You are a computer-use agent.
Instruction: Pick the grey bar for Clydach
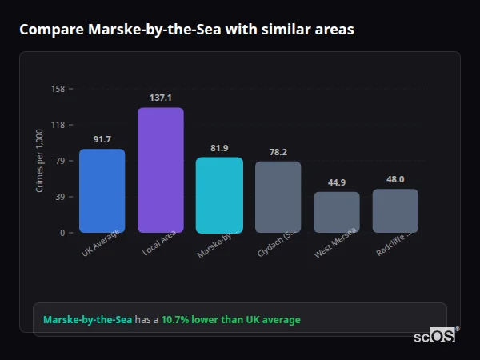coord(278,197)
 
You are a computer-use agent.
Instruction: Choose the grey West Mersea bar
coord(337,212)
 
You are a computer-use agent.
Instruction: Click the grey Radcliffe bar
coord(395,210)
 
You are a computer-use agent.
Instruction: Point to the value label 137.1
coord(161,98)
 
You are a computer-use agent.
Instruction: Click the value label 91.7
coord(102,139)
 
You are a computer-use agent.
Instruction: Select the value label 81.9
coord(219,148)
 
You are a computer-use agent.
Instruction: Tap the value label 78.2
coord(278,152)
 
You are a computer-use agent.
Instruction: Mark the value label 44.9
coord(337,182)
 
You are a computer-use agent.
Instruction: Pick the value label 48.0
coord(395,179)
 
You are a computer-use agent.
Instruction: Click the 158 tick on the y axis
coord(58,89)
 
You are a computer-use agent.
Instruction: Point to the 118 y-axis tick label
coord(58,125)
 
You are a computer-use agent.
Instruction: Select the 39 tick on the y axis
coord(60,197)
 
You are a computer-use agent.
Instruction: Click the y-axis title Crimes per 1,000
coord(39,161)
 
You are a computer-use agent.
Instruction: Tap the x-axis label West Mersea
coord(336,242)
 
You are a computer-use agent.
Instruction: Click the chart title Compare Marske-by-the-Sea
coord(186,30)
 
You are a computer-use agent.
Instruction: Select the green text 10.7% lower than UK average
coord(230,320)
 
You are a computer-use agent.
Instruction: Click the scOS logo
coord(434,337)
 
